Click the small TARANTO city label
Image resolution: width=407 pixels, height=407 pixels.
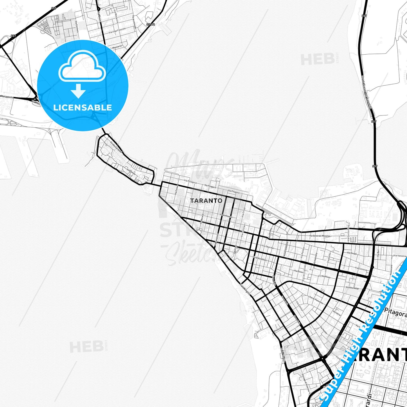[206, 201]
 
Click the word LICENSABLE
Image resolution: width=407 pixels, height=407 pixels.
[83, 107]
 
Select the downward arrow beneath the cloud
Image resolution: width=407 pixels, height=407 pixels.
[78, 91]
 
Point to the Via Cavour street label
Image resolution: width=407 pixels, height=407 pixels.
[176, 190]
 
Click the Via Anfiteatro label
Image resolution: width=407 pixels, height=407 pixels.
[226, 216]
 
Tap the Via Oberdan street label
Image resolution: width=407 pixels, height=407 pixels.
[268, 246]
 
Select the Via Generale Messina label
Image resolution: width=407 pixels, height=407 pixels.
[319, 236]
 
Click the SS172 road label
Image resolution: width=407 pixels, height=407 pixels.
[151, 25]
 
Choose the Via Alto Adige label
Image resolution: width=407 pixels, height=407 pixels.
[352, 288]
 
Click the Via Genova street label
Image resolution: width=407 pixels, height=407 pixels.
[361, 269]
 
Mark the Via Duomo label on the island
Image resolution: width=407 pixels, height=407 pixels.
[131, 172]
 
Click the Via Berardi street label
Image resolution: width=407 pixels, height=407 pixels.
[202, 219]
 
